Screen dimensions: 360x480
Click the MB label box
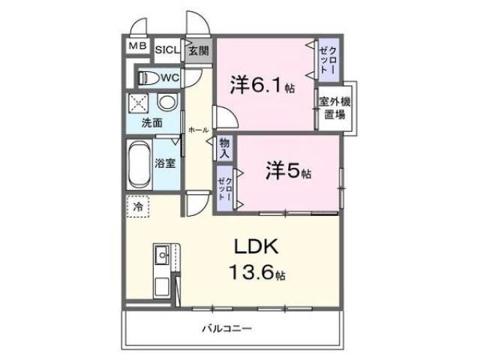[x=136, y=46]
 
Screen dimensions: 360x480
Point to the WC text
[x=168, y=77]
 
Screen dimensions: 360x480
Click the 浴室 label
[x=166, y=163]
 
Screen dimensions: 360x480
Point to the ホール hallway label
[x=198, y=129]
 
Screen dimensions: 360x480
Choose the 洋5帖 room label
[x=288, y=172]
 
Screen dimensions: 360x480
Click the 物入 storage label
[x=224, y=147]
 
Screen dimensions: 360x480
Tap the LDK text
[x=259, y=247]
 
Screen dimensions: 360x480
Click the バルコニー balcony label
[x=226, y=328]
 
